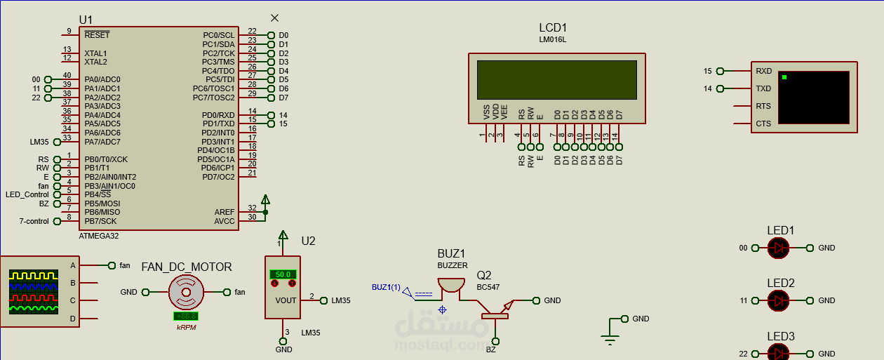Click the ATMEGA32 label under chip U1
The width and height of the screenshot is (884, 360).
click(x=99, y=236)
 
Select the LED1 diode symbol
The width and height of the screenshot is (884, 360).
click(x=778, y=248)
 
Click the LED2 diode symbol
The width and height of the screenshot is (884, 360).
click(x=778, y=300)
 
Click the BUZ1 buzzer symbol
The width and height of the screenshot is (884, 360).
click(x=450, y=285)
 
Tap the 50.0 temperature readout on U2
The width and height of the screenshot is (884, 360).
click(x=283, y=274)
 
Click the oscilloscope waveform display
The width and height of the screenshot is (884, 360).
click(x=33, y=292)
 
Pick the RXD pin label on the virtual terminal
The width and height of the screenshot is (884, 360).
click(x=763, y=71)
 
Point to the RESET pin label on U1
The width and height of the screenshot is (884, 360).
click(x=97, y=34)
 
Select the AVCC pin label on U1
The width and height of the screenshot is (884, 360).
click(x=225, y=221)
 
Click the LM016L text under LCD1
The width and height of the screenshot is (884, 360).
click(x=552, y=40)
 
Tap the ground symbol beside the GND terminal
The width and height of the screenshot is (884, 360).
click(x=610, y=340)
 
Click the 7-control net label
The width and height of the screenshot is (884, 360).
click(x=34, y=221)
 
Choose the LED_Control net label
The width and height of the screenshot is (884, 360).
click(x=27, y=194)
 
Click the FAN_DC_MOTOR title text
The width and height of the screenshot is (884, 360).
click(x=187, y=267)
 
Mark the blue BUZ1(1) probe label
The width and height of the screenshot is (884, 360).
click(x=386, y=287)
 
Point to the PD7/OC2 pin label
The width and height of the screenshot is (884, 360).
click(x=218, y=177)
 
